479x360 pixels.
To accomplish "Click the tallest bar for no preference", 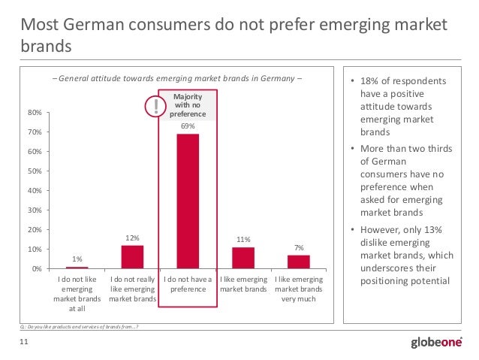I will [x=188, y=201].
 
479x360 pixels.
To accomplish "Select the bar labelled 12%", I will [x=132, y=256].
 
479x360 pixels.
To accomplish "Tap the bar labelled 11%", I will [x=243, y=257].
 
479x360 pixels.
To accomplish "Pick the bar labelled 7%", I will [x=298, y=262].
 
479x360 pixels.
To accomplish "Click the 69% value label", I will [x=188, y=126].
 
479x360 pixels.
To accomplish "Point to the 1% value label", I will [x=77, y=259].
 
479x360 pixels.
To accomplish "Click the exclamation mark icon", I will [x=156, y=107].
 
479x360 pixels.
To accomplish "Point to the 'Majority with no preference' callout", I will [x=188, y=105].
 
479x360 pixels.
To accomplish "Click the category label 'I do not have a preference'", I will [x=188, y=284].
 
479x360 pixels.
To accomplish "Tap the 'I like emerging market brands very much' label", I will [x=298, y=289].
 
